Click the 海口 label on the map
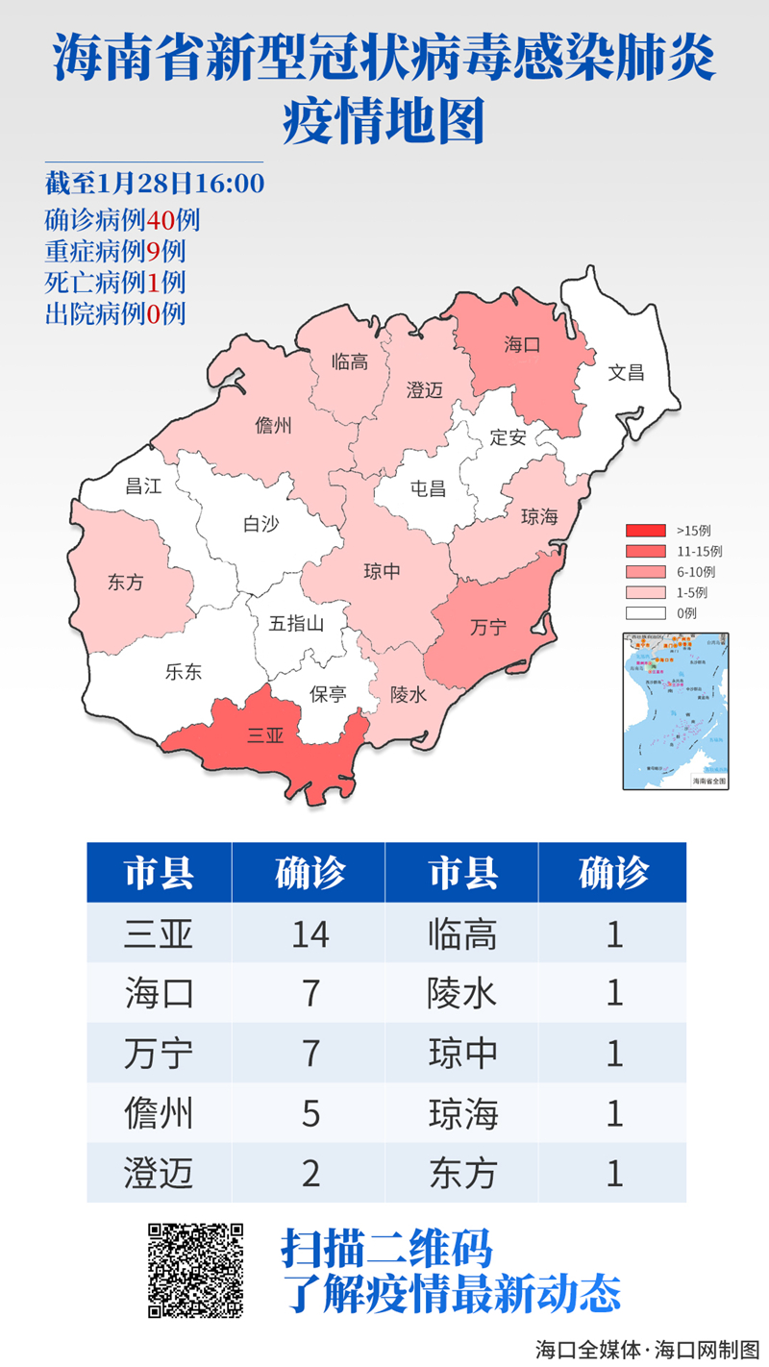[x=523, y=345]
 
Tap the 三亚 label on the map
[x=265, y=736]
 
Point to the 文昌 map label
[x=626, y=372]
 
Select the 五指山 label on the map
[x=296, y=623]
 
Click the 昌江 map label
[x=143, y=486]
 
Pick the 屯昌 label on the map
[x=428, y=488]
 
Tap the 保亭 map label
[x=329, y=693]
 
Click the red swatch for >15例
[x=646, y=531]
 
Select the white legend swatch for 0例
[x=646, y=613]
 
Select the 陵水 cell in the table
[x=462, y=993]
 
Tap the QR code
[x=195, y=1270]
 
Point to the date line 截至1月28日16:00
[x=154, y=183]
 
